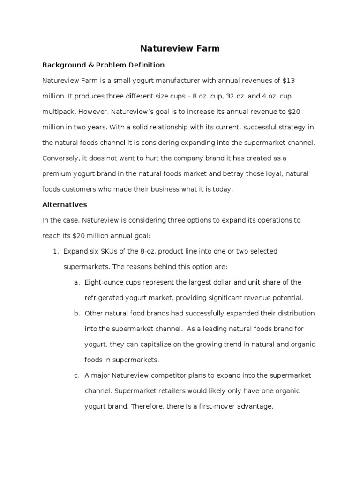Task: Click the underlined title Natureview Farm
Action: tap(180, 48)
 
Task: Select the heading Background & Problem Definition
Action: tap(103, 65)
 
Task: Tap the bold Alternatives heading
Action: tap(65, 205)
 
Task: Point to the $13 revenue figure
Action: tap(289, 81)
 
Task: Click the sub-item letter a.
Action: tap(76, 282)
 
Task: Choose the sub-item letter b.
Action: tap(76, 313)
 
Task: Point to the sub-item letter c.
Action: tap(76, 375)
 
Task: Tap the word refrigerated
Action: tap(104, 298)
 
